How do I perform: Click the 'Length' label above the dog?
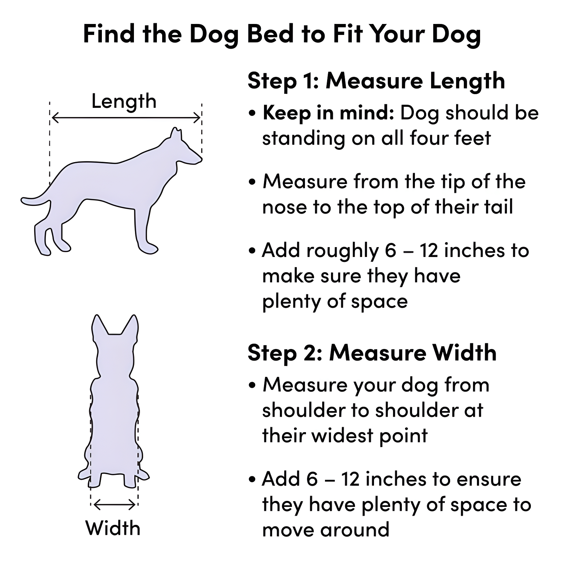(x=124, y=102)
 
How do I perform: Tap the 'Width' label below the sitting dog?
(x=113, y=528)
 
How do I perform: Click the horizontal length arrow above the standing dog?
(x=126, y=118)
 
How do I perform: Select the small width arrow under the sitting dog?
(x=115, y=505)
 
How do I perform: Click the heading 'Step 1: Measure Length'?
(x=376, y=81)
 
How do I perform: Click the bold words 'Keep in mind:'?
(x=328, y=113)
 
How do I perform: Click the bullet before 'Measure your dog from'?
(x=252, y=385)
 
